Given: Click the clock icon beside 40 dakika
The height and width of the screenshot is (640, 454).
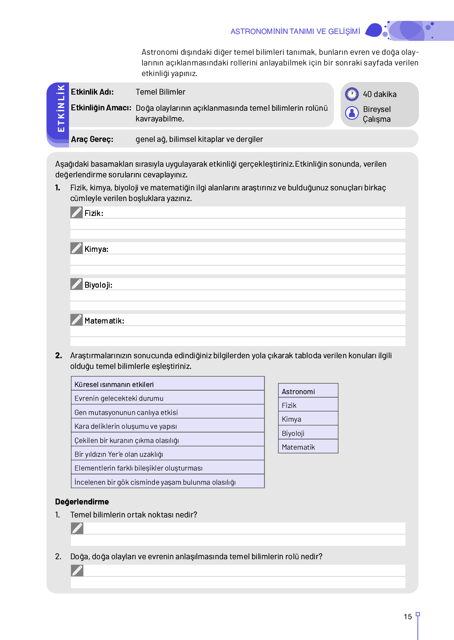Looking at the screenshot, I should pos(352,94).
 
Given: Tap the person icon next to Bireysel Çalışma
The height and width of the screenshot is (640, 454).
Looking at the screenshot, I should pos(352,113).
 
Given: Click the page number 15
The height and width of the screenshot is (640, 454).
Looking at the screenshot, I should pos(408,617).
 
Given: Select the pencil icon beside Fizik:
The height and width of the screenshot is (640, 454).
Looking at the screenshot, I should pos(76,212).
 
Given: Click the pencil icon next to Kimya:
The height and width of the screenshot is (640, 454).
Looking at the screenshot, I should pos(76,248).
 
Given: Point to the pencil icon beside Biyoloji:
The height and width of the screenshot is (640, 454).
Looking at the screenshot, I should pos(76,284).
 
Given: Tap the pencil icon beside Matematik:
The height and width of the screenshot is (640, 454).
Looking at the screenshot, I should pos(76,320).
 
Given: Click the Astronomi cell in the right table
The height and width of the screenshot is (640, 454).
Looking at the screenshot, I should pos(308,391).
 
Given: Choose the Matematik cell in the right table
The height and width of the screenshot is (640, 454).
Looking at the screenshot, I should pos(308,447).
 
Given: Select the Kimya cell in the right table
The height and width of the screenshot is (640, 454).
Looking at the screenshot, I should pos(308,419).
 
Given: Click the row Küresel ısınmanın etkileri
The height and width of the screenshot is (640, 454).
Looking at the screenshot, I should pos(167,384).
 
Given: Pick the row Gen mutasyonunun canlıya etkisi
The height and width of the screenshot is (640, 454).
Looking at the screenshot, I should pos(167,412).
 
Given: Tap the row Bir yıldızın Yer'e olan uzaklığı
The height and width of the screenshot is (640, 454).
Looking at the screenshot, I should pos(167,454).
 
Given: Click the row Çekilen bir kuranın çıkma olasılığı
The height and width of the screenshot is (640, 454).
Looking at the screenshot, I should pos(167,440).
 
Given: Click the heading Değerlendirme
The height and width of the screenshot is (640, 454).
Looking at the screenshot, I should pos(82,502).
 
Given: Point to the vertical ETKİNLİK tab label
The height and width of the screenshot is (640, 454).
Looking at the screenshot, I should pos(61,108).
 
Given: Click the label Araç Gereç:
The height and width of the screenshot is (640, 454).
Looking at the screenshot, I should pos(92,139).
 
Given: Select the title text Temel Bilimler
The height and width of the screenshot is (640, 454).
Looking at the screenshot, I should pos(160,92).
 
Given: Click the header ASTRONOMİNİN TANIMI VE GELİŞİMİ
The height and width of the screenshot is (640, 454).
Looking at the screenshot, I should pos(295,32).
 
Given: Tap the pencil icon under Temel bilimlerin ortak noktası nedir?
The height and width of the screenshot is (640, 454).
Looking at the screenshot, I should pos(77,528).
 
